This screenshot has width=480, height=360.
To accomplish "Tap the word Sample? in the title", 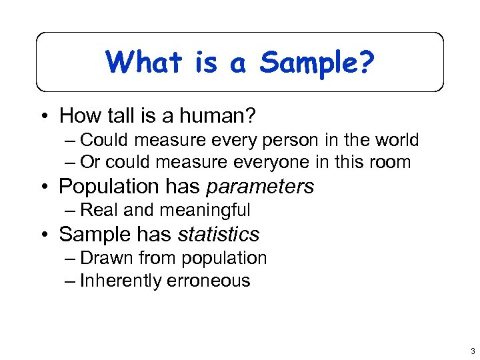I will [x=317, y=63].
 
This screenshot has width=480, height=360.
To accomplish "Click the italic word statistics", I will [x=218, y=234].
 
